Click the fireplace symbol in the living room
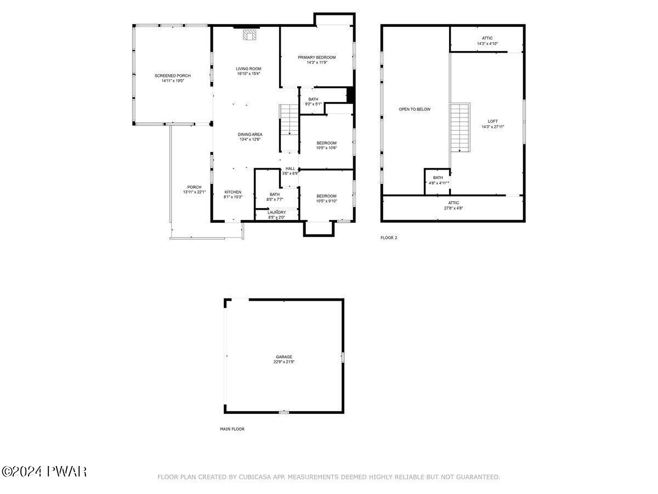pos(249,35)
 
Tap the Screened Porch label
pos(172,76)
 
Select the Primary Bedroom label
pos(316,57)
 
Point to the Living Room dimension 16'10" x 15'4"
pos(248,74)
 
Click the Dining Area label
pos(250,134)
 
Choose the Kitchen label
pos(233,192)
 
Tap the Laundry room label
pos(277,212)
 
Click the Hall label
pos(290,169)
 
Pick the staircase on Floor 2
pos(460,127)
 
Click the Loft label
pos(493,121)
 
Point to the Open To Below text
pos(415,109)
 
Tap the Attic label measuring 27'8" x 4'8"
pos(453,203)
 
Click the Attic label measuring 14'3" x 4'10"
pos(487,38)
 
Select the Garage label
pos(284,357)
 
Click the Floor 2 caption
pos(389,238)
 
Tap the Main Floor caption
pos(232,429)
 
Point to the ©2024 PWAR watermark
pos(44,472)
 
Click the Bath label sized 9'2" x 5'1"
pos(313,99)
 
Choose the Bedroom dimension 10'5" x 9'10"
pos(327,201)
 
